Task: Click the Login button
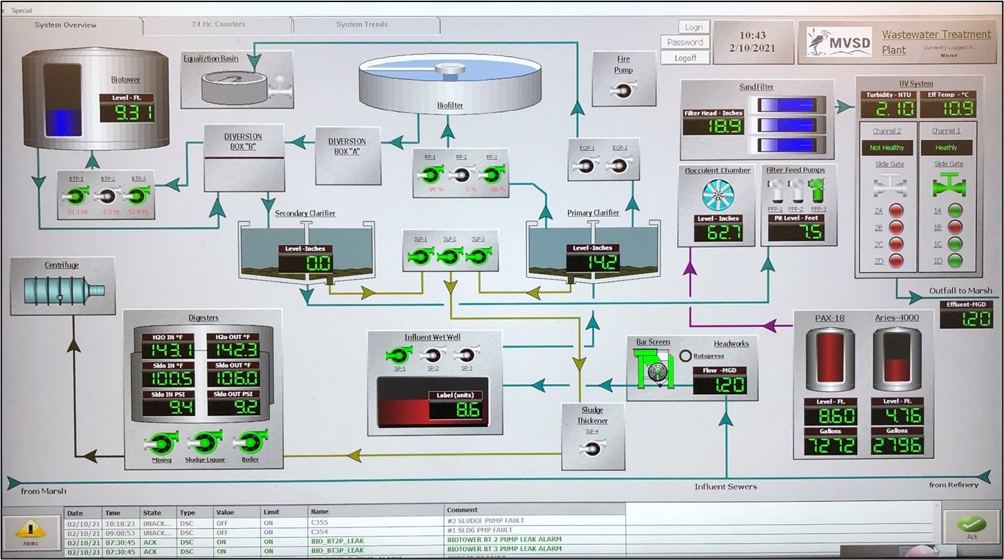[x=694, y=27]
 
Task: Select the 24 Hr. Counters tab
[x=217, y=25]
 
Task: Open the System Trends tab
[x=362, y=25]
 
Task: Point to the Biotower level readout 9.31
[x=127, y=112]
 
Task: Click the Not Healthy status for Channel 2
[x=887, y=147]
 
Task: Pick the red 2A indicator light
[x=896, y=210]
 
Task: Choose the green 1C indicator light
[x=956, y=244]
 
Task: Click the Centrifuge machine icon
[x=62, y=290]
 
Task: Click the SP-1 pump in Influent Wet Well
[x=399, y=355]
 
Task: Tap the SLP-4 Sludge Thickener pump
[x=592, y=449]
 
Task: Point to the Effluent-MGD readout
[x=967, y=318]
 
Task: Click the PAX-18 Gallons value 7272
[x=830, y=445]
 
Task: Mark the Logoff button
[x=694, y=58]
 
